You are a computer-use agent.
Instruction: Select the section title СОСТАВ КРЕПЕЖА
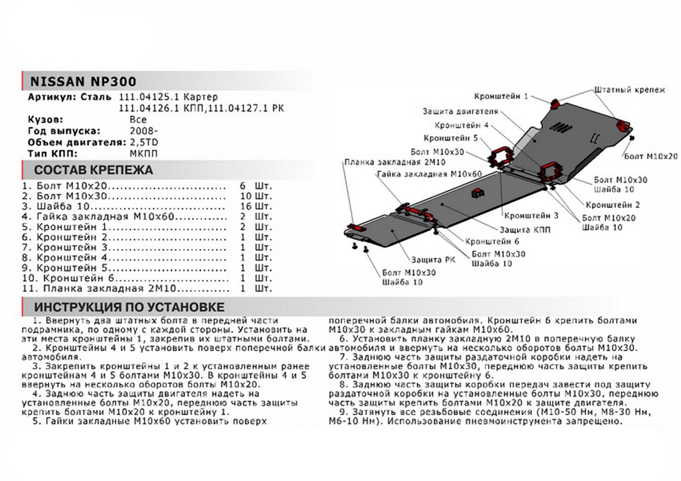[93, 170]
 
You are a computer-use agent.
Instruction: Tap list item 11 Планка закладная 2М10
[119, 288]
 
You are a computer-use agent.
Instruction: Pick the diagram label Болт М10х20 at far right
[650, 155]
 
